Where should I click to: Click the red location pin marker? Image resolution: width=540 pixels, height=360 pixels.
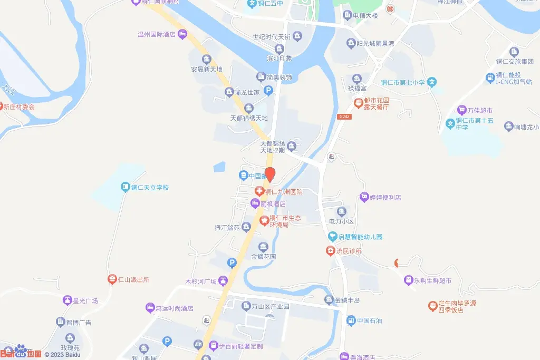[270, 174]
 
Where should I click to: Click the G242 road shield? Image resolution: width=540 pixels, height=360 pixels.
[344, 116]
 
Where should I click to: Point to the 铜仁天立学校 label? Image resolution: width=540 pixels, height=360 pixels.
[150, 187]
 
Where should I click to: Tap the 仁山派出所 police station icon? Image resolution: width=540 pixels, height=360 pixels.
[112, 280]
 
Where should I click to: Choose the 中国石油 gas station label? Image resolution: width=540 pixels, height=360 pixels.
[369, 320]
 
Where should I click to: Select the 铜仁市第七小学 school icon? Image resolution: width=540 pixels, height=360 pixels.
[432, 82]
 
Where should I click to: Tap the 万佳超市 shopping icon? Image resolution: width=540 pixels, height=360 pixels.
[462, 111]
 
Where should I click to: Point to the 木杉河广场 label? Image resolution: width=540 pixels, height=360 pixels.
[201, 281]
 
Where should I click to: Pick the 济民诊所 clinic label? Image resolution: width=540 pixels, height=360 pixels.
[349, 251]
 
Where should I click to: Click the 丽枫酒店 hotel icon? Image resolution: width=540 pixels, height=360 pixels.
[255, 204]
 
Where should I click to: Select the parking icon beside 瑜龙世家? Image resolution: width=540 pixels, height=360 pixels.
[268, 92]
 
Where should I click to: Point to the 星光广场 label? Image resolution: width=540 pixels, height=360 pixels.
[85, 301]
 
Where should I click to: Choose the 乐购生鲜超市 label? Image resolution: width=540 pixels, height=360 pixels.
[432, 280]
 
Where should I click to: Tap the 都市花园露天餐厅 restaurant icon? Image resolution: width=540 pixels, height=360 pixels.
[358, 102]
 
